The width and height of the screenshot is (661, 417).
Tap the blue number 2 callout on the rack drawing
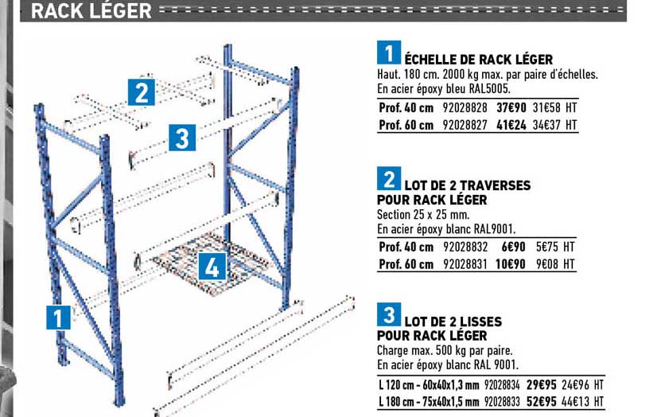point(141,93)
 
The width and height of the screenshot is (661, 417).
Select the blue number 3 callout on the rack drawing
point(182,138)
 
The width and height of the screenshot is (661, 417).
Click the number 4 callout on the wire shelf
point(211,267)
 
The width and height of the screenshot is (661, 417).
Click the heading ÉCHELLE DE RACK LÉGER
point(478,60)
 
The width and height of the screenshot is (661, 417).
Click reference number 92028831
point(465,264)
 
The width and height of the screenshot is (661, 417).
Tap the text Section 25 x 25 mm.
point(422,215)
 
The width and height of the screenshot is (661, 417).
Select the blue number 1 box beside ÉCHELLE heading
point(387,53)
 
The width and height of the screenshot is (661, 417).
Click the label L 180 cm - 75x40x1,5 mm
point(428,401)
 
